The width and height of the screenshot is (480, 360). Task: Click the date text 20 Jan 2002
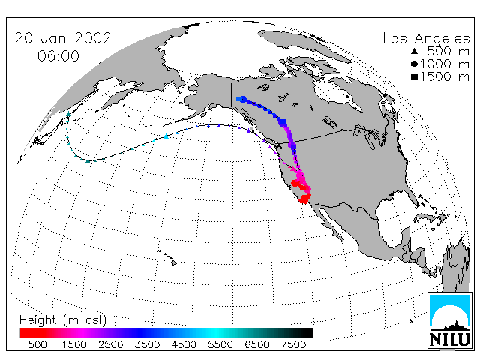63,38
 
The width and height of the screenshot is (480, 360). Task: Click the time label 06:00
58,56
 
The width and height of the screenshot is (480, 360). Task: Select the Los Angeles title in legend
427,39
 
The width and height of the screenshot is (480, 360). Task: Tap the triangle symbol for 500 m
415,51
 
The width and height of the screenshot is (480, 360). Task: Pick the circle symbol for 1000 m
415,64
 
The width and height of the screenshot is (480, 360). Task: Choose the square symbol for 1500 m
415,76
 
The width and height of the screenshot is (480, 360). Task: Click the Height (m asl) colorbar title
63,320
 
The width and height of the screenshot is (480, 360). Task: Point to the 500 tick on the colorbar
37,345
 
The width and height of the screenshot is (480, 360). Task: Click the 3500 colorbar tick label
147,345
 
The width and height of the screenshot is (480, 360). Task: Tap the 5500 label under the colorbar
220,345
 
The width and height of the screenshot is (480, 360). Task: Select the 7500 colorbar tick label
293,345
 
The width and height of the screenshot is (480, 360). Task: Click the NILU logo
450,320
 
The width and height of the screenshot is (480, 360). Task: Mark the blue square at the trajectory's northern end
241,99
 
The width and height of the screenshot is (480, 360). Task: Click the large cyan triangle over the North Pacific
166,136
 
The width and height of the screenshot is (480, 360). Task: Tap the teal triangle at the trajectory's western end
68,114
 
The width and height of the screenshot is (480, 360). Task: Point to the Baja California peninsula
328,221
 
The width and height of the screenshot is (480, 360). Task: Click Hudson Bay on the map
335,91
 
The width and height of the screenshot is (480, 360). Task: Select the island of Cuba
425,217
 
